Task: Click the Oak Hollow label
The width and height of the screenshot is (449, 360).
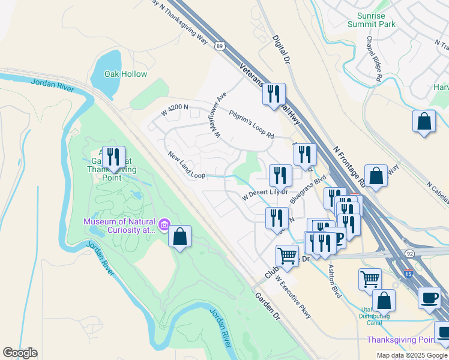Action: [x=125, y=74]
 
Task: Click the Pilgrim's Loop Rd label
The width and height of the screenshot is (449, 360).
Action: [x=251, y=124]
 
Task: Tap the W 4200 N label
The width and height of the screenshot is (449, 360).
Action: [x=175, y=110]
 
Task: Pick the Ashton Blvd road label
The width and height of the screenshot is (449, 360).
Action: [x=334, y=278]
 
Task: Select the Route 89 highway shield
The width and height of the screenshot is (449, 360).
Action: [x=220, y=46]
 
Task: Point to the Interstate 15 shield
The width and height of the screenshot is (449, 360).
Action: [x=409, y=274]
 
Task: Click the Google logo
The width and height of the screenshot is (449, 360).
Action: [x=20, y=353]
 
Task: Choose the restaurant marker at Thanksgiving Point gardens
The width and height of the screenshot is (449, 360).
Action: [x=113, y=157]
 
